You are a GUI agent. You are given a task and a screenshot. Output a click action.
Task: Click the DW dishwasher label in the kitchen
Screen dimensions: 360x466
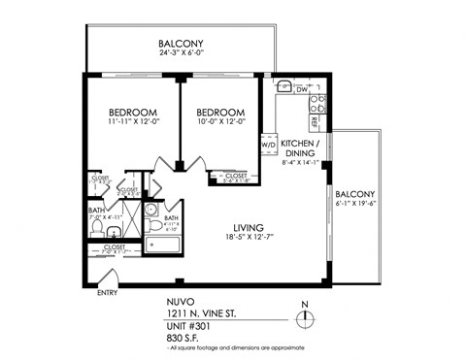click(302, 90)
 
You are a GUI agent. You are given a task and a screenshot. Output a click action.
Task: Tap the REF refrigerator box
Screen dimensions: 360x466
click(316, 123)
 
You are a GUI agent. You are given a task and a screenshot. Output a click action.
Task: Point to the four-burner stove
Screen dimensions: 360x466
click(316, 103)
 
